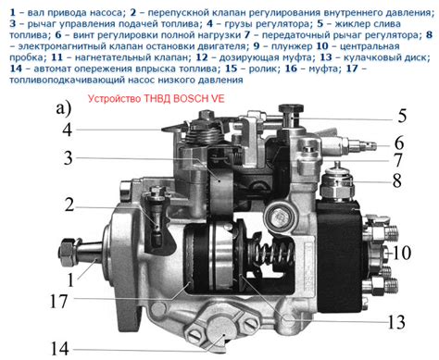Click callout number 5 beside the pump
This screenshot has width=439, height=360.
click(x=402, y=116)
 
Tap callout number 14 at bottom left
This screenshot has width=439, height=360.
click(x=59, y=349)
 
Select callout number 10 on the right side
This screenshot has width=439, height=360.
click(x=402, y=253)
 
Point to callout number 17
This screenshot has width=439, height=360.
click(x=58, y=301)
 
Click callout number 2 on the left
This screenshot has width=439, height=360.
click(x=69, y=205)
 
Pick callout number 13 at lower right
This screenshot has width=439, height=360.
click(x=396, y=322)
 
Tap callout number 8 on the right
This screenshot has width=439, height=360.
click(x=397, y=180)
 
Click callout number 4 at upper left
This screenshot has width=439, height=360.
click(x=68, y=130)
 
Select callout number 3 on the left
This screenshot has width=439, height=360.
click(x=68, y=158)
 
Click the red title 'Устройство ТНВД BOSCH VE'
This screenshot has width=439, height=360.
click(x=157, y=99)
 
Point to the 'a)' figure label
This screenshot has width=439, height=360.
click(x=64, y=109)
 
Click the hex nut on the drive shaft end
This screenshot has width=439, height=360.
click(x=68, y=253)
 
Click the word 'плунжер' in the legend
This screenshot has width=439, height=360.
click(x=292, y=46)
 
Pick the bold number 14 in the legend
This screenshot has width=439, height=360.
click(x=16, y=68)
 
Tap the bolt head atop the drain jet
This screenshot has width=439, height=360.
click(x=291, y=109)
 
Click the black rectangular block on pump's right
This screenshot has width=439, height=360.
click(x=340, y=254)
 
